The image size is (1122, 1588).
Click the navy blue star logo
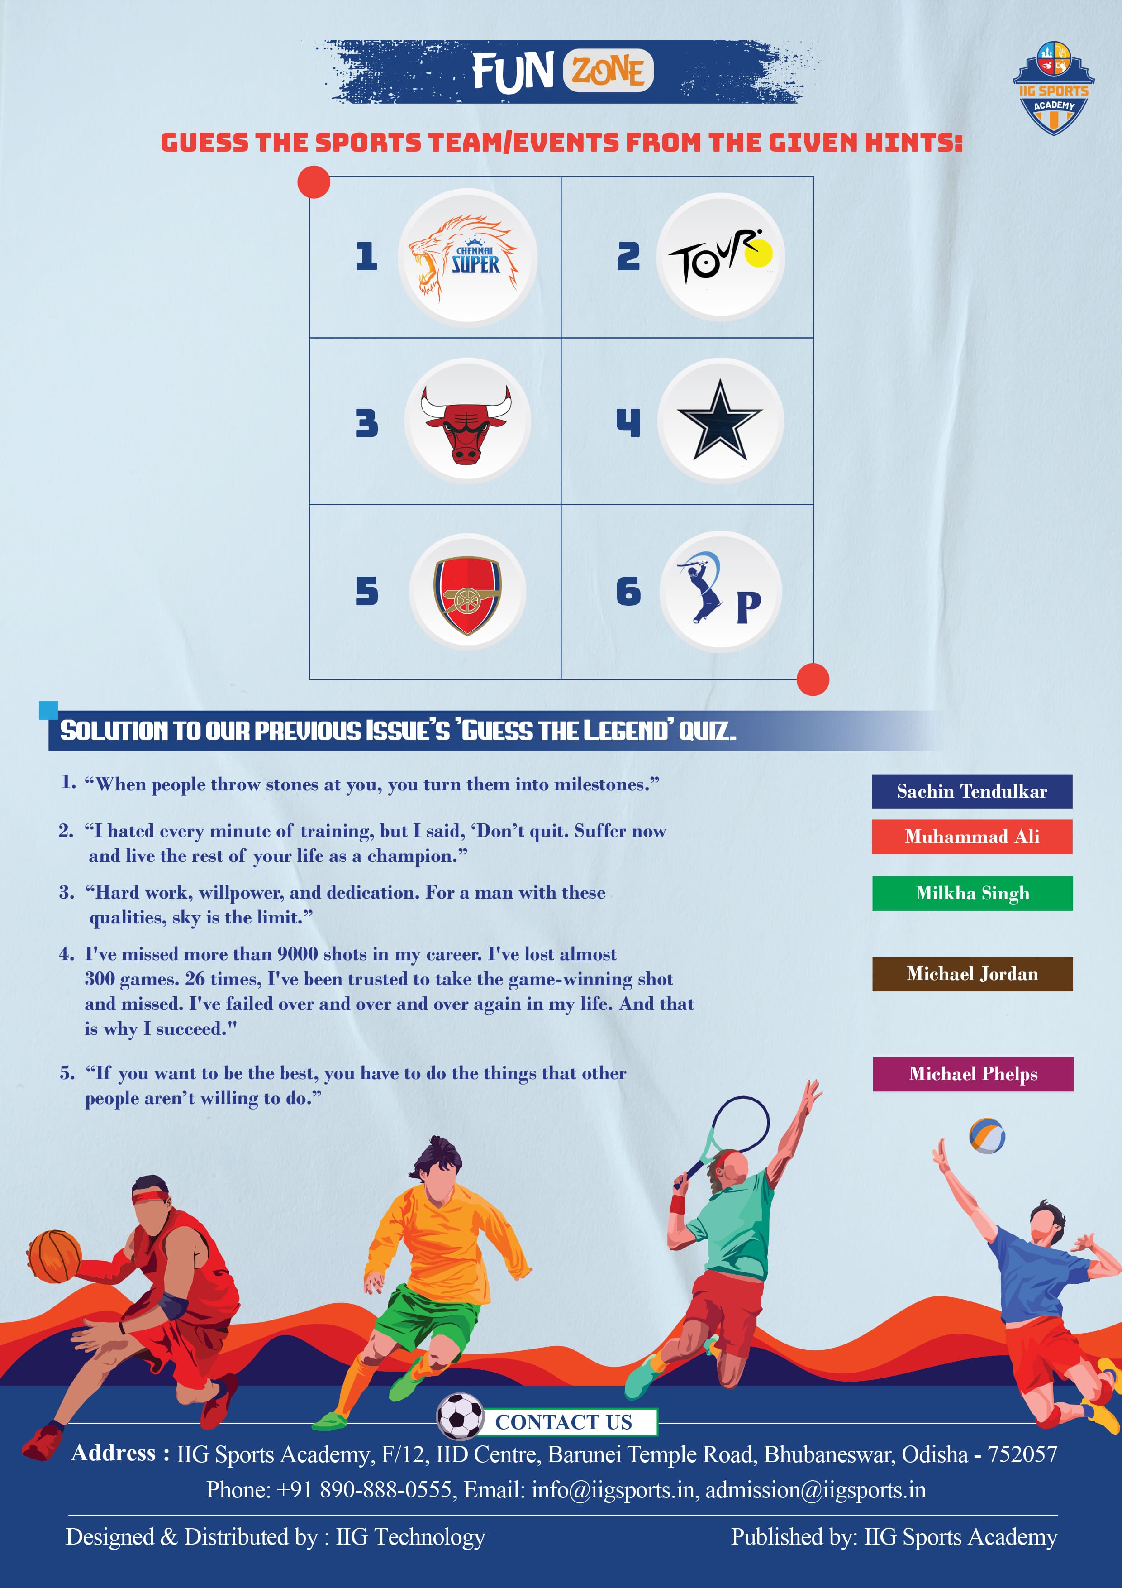[x=720, y=420]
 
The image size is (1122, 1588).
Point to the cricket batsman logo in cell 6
[x=702, y=587]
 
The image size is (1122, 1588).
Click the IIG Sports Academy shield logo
[x=1054, y=89]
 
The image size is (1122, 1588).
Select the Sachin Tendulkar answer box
[x=971, y=791]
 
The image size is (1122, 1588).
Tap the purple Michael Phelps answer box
[x=973, y=1074]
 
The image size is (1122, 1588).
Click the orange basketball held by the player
[x=54, y=1256]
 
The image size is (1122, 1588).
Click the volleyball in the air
[x=987, y=1136]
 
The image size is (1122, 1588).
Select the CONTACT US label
[x=563, y=1422]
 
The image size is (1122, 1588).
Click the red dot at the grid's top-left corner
[x=314, y=182]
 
